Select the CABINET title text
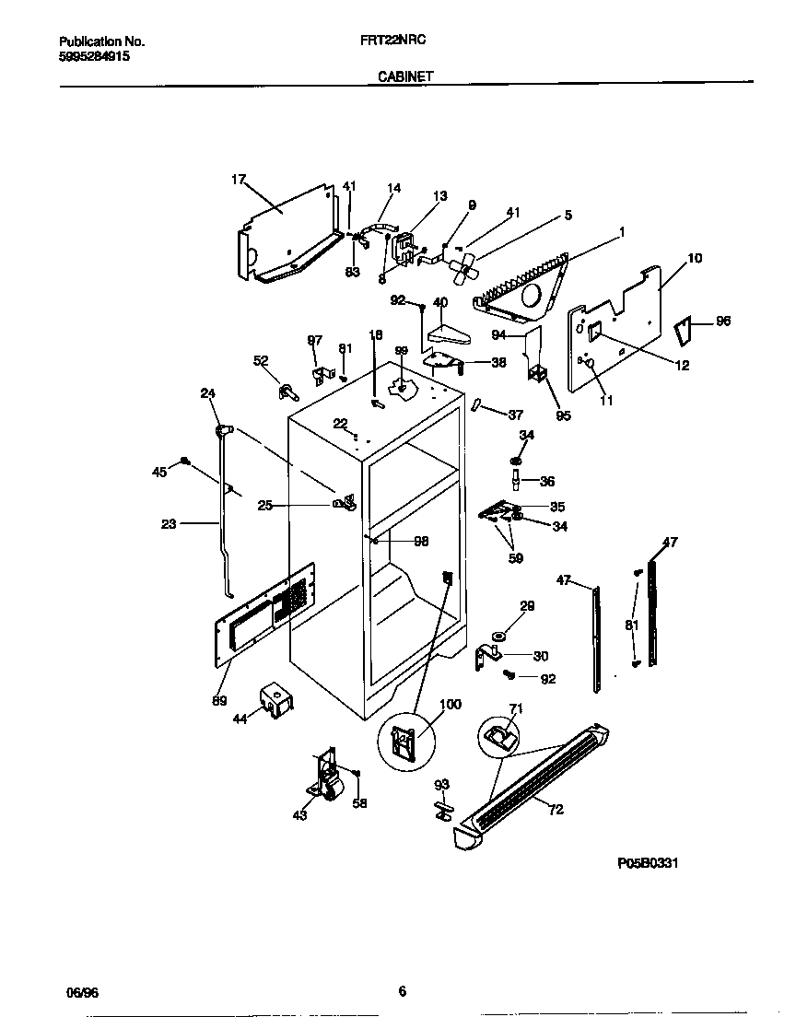[405, 78]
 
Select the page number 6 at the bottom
[402, 991]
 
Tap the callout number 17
[238, 180]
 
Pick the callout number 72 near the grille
[556, 810]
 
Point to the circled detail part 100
[404, 740]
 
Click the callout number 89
[219, 701]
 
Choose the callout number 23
[169, 524]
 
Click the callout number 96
[722, 321]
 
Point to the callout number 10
[694, 258]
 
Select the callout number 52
[261, 361]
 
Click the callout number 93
[441, 784]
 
